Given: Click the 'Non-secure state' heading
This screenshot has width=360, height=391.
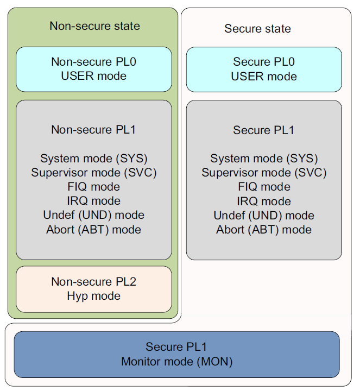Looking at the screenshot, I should click(94, 26).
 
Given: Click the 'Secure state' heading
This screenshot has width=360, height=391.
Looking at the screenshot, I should click(257, 29).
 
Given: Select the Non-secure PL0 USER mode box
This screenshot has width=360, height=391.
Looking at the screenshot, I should click(93, 69).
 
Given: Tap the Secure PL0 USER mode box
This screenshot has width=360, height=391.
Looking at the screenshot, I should click(264, 70).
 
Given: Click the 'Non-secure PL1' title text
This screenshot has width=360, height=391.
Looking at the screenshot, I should click(93, 130).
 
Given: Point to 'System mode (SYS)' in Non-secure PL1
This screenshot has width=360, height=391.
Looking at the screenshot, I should click(93, 159).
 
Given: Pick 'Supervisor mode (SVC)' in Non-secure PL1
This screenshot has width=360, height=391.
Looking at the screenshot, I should click(93, 173).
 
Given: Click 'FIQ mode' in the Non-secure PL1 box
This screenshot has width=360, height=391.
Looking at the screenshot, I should click(93, 187).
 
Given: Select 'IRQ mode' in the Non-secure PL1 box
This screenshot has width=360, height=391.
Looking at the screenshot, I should click(93, 201).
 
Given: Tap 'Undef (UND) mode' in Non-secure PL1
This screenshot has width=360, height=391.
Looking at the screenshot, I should click(93, 215).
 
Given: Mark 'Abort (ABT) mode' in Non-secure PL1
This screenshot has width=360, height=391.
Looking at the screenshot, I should click(93, 229).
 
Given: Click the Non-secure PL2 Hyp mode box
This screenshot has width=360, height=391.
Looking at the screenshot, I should click(93, 289).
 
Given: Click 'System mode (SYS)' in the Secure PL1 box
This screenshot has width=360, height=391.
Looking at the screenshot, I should click(264, 159).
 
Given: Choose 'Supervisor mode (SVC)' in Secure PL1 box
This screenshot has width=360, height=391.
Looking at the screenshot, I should click(264, 173).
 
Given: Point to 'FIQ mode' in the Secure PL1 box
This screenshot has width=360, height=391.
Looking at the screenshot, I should click(264, 187).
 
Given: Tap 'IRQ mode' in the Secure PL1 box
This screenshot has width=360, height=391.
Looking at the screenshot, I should click(264, 201).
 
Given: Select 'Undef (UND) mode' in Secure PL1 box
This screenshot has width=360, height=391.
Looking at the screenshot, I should click(264, 215).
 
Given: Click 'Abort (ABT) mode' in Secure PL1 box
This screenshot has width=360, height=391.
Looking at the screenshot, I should click(264, 229).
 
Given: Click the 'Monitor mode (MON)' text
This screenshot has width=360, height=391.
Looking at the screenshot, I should click(176, 361).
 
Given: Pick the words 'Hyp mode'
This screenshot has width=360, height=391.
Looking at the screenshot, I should click(93, 296).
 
